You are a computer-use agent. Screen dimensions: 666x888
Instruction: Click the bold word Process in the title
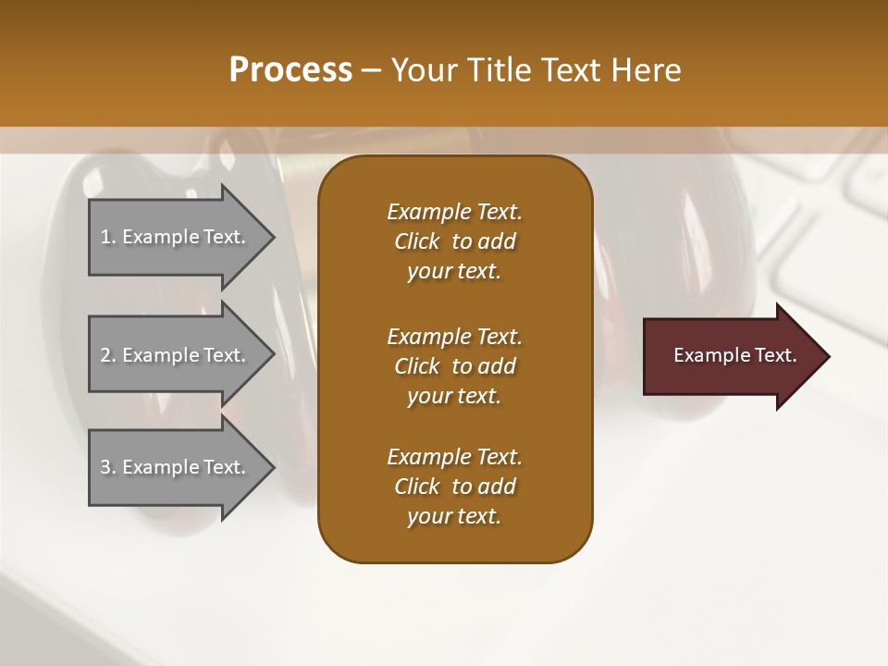pyautogui.click(x=290, y=70)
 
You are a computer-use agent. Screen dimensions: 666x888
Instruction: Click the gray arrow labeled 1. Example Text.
pyautogui.click(x=176, y=237)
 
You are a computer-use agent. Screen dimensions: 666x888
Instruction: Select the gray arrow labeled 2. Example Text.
pyautogui.click(x=176, y=355)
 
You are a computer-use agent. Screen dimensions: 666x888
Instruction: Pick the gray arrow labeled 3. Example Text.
pyautogui.click(x=176, y=467)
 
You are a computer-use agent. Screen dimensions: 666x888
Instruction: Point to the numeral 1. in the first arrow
pyautogui.click(x=108, y=237)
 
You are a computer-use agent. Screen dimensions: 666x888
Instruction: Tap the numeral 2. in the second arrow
pyautogui.click(x=108, y=355)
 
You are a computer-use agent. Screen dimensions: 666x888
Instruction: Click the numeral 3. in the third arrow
pyautogui.click(x=108, y=467)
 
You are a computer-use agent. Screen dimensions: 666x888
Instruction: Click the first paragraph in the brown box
pyautogui.click(x=454, y=241)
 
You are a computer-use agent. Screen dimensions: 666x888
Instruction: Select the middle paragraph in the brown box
pyautogui.click(x=454, y=366)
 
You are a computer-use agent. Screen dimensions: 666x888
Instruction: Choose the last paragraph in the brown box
pyautogui.click(x=454, y=487)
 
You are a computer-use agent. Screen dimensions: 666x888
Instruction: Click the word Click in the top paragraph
pyautogui.click(x=417, y=241)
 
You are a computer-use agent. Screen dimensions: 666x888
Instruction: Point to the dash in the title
pyautogui.click(x=371, y=70)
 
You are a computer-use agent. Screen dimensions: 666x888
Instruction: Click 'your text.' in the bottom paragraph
pyautogui.click(x=454, y=516)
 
